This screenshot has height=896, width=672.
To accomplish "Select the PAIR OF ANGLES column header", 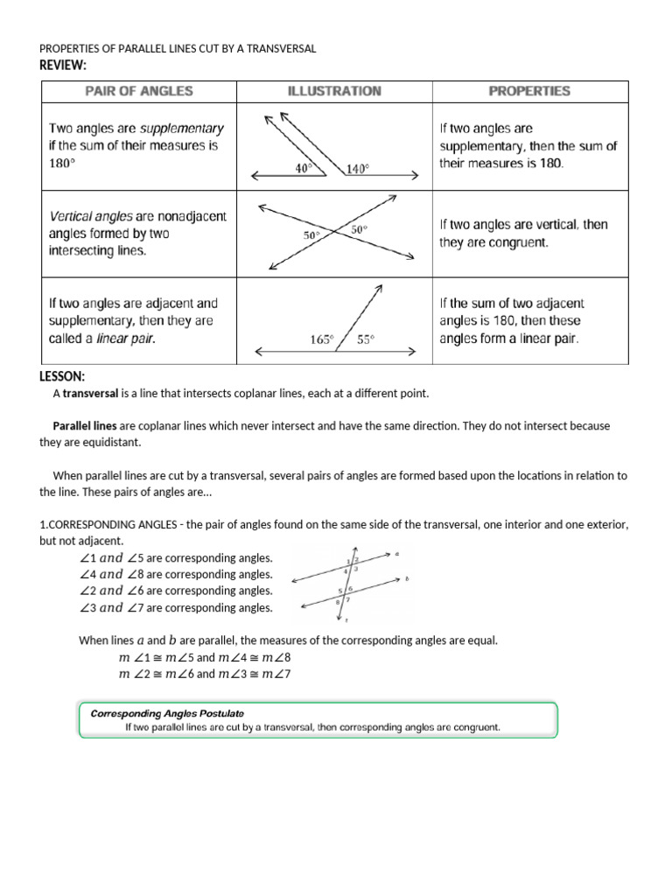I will (x=139, y=91).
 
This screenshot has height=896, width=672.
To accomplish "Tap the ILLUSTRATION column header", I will (x=334, y=91).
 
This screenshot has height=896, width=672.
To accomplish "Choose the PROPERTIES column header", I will (x=528, y=91).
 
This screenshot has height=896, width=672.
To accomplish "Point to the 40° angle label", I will (x=304, y=169).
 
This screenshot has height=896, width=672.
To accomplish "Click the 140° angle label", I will (x=358, y=169).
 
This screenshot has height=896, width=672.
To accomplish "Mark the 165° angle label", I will (x=323, y=340).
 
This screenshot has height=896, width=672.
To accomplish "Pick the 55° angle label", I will (x=365, y=340).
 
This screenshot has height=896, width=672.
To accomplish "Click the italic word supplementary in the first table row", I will (x=182, y=129).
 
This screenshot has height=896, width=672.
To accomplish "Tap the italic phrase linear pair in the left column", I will (x=126, y=339).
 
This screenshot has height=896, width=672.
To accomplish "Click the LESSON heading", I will (x=62, y=376).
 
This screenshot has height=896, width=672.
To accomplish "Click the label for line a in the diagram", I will (x=396, y=553).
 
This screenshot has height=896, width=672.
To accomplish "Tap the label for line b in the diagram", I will (x=408, y=579).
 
